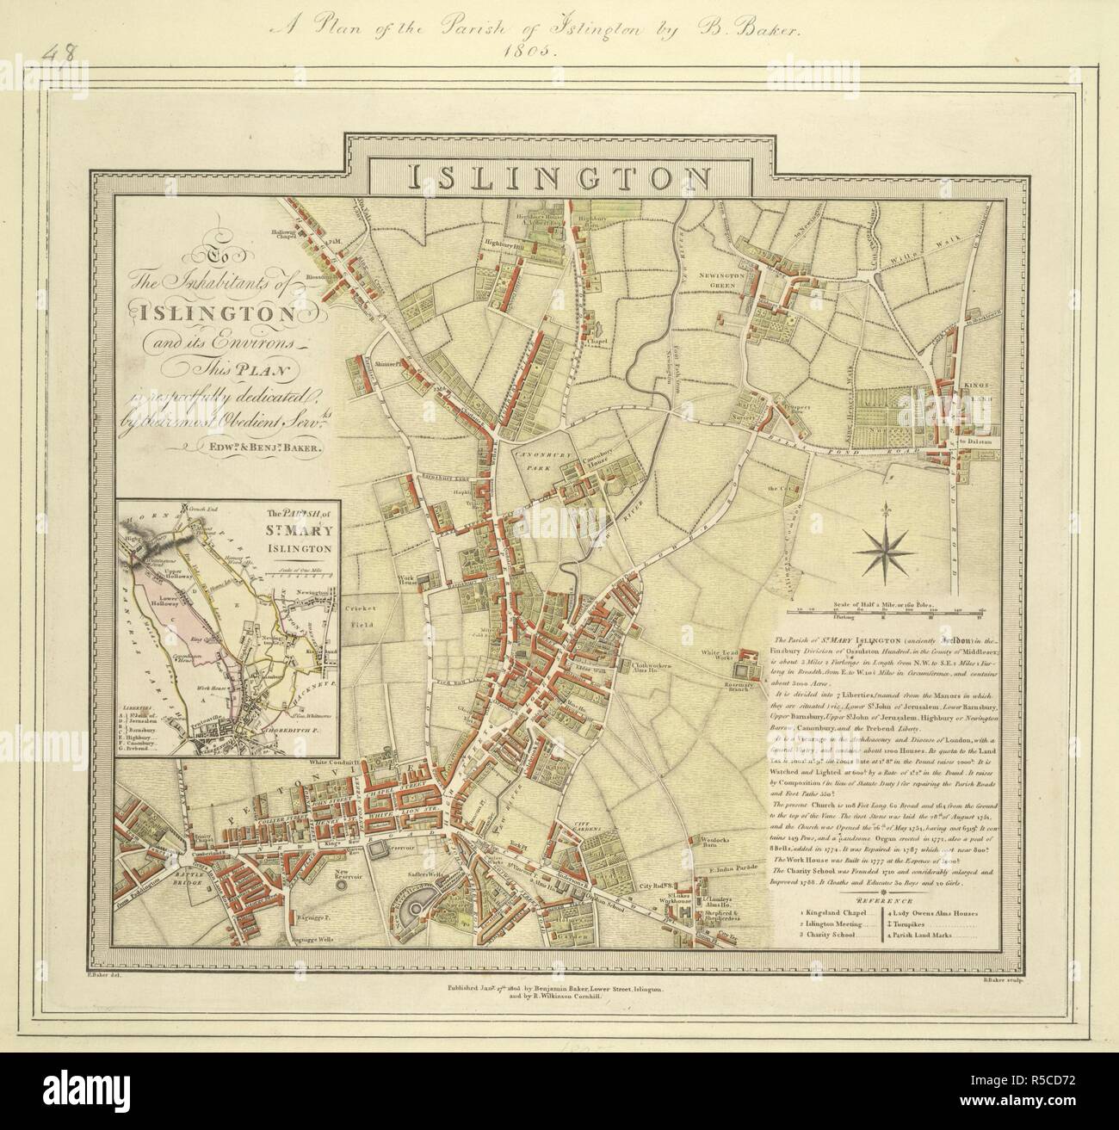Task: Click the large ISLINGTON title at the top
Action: pos(559,176)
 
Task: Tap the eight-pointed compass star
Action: pos(884,550)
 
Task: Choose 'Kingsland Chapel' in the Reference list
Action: pos(828,911)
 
